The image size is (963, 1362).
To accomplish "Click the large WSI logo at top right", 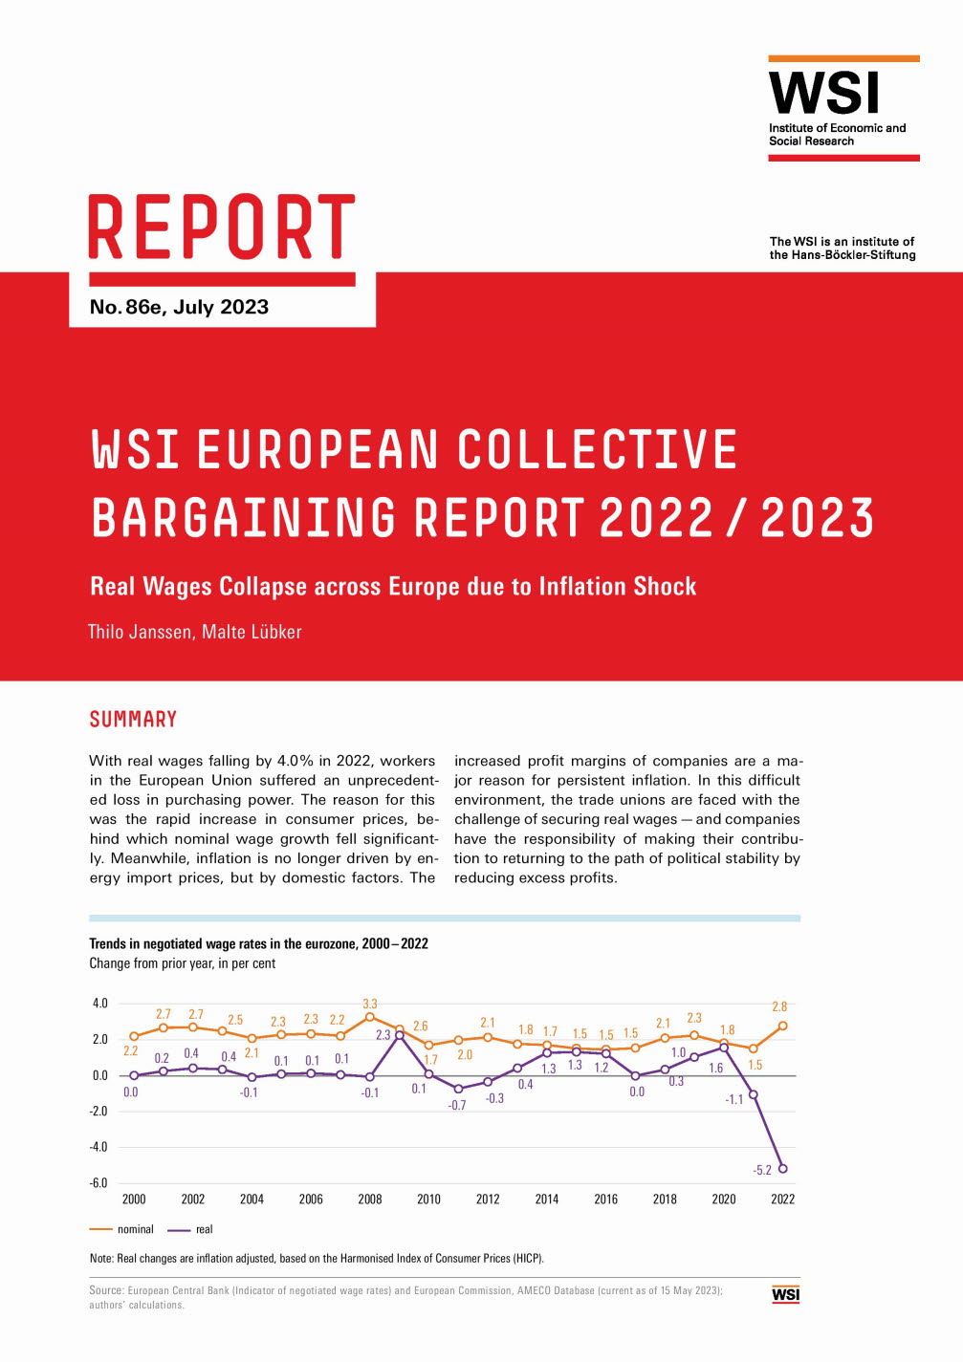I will click(823, 94).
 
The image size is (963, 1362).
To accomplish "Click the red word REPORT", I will click(222, 227).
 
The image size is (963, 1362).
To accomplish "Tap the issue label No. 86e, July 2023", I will click(179, 307).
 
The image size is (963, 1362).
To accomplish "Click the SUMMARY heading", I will click(133, 719).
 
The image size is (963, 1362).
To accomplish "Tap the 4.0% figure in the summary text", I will click(295, 761).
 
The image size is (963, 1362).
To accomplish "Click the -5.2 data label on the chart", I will click(762, 1170).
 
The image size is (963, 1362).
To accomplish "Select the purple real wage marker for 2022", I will click(783, 1168).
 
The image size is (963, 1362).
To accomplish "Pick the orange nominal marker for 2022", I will click(783, 1026).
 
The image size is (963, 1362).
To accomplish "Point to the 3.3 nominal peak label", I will click(370, 1004).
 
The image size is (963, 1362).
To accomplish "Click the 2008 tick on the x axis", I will click(370, 1200).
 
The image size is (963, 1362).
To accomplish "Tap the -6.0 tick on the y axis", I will click(98, 1182).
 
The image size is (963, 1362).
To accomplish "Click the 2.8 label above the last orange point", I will click(779, 1006).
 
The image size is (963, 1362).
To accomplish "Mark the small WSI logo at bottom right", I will click(785, 1294).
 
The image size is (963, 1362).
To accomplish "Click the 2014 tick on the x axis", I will click(547, 1200).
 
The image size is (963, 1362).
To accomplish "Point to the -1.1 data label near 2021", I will click(733, 1099).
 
